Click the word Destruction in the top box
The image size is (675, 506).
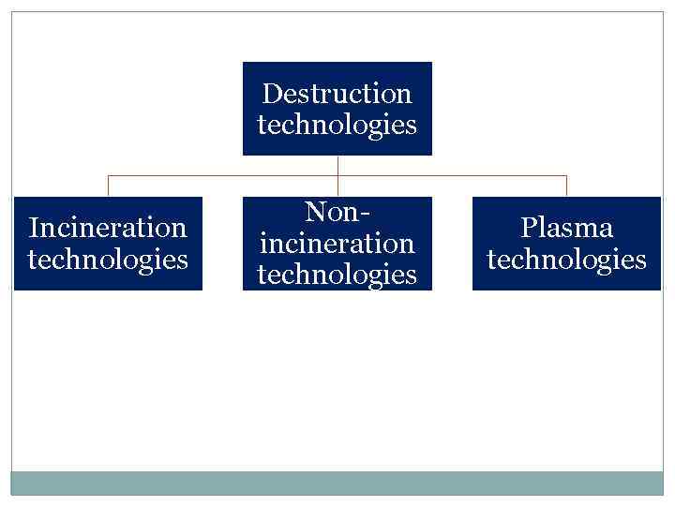click(337, 94)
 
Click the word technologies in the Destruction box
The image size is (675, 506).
click(337, 125)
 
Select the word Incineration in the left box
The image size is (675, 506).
click(108, 228)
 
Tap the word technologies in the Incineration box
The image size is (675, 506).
click(108, 259)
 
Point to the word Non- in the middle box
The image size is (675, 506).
click(337, 212)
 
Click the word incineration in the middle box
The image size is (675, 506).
click(337, 244)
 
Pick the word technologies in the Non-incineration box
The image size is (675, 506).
click(337, 275)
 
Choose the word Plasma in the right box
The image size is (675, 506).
click(566, 228)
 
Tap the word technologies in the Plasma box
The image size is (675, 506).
click(566, 259)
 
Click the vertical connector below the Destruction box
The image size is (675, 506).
click(337, 165)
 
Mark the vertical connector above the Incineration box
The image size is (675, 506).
click(108, 186)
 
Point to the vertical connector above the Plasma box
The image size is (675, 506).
click(566, 186)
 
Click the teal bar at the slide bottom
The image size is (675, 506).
click(337, 483)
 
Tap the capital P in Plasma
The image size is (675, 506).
click(528, 228)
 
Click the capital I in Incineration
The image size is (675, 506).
click(34, 228)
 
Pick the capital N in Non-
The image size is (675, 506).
click(315, 212)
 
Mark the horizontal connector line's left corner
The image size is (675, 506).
click(108, 175)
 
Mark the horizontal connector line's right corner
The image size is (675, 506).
click(566, 175)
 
